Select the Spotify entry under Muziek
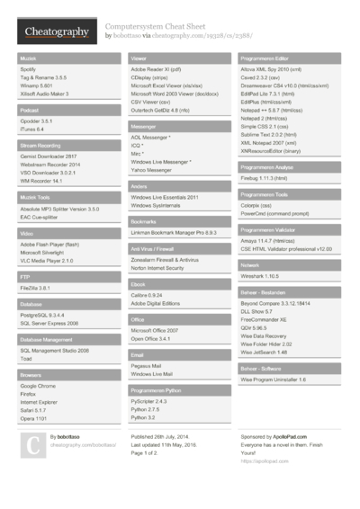pyautogui.click(x=28, y=68)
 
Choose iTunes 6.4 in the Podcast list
pyautogui.click(x=32, y=129)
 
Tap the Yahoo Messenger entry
pyautogui.click(x=155, y=168)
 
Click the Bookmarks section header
pyautogui.click(x=143, y=220)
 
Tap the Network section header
pyautogui.click(x=250, y=265)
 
